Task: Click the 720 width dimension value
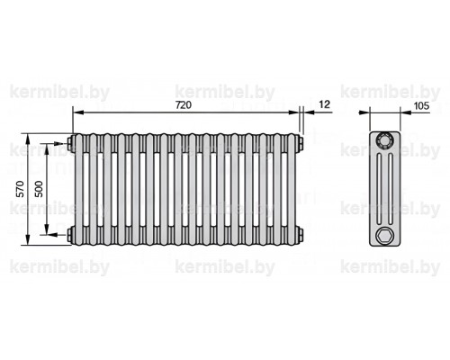pos(184,105)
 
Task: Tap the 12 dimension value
pos(325,104)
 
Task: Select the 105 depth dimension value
pos(421,105)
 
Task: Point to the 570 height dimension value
pos(21,189)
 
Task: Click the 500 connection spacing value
pos(39,189)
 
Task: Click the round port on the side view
pos(384,140)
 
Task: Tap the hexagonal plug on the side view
pos(384,235)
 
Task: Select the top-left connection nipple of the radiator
pos(70,142)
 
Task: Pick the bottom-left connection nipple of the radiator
pos(70,234)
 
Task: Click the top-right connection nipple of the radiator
pos(301,142)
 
